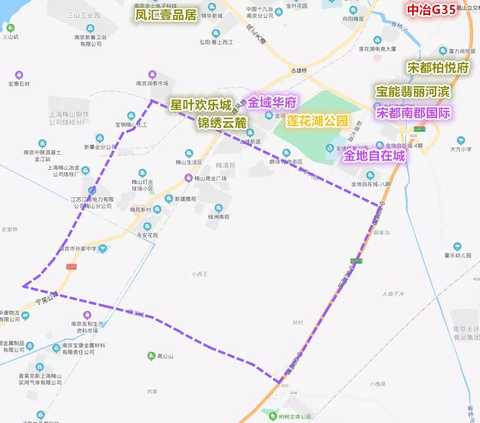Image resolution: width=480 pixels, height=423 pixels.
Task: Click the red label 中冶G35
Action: tap(432, 10)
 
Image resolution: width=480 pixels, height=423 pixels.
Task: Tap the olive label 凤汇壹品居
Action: tap(166, 14)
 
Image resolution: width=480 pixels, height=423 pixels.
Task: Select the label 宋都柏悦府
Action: tap(438, 69)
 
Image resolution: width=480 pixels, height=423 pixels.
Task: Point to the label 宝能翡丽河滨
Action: tap(413, 92)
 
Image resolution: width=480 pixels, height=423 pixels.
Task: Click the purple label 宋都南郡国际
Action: tap(413, 112)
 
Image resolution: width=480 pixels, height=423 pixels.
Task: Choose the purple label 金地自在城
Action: tap(374, 156)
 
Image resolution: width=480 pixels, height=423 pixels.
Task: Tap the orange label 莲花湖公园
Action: tap(317, 121)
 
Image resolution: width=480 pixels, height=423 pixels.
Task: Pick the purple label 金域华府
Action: tap(272, 103)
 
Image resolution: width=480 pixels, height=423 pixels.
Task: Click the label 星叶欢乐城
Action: tap(201, 106)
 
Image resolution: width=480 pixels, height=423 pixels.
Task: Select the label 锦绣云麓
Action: tap(222, 122)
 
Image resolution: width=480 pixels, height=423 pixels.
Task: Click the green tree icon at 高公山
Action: tap(151, 356)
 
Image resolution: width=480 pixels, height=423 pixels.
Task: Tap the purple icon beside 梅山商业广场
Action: tap(188, 178)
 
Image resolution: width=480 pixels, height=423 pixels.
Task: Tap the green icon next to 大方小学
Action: tap(461, 140)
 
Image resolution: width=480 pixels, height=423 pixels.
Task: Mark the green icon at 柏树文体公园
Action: tap(273, 416)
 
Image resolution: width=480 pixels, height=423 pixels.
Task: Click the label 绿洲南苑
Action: tap(219, 217)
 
